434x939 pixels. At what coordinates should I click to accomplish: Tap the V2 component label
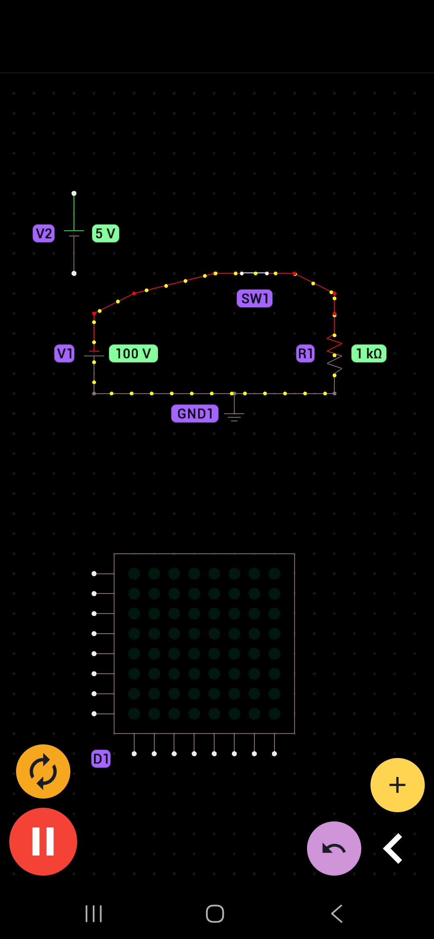pyautogui.click(x=43, y=233)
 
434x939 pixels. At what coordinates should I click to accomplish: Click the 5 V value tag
pyautogui.click(x=105, y=233)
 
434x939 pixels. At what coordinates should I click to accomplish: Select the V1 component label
pyautogui.click(x=64, y=354)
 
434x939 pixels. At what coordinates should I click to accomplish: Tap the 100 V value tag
pyautogui.click(x=133, y=354)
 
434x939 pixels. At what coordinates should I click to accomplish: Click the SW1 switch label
pyautogui.click(x=254, y=299)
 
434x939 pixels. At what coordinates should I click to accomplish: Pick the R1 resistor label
pyautogui.click(x=305, y=354)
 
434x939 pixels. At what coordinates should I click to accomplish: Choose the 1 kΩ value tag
pyautogui.click(x=369, y=354)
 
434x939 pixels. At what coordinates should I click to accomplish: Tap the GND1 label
pyautogui.click(x=195, y=413)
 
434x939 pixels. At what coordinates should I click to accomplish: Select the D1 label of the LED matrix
pyautogui.click(x=101, y=758)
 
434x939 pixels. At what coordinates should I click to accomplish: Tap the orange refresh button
pyautogui.click(x=43, y=771)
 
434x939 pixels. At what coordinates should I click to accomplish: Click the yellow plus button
pyautogui.click(x=397, y=785)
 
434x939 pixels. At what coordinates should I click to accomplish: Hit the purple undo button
pyautogui.click(x=334, y=848)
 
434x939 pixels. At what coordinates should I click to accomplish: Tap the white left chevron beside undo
pyautogui.click(x=393, y=848)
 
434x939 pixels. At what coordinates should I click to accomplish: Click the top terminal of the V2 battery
pyautogui.click(x=74, y=193)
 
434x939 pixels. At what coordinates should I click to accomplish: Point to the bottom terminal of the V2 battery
pyautogui.click(x=74, y=273)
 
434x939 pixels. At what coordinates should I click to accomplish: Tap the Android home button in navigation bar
pyautogui.click(x=215, y=914)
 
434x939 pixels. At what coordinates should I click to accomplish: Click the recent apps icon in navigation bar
pyautogui.click(x=94, y=914)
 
